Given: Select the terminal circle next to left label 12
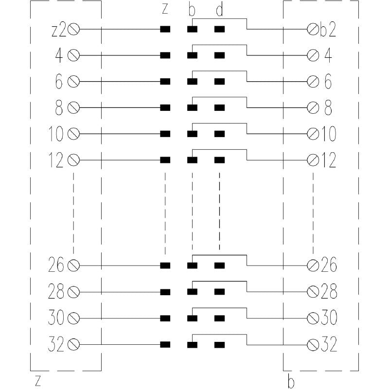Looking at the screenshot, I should [x=74, y=160].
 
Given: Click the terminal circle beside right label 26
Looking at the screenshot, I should [x=313, y=265].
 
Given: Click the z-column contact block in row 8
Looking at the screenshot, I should [x=165, y=107].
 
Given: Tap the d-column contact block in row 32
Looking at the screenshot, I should [x=220, y=345].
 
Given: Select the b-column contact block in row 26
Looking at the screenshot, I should [x=193, y=265].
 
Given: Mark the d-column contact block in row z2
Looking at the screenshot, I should [x=220, y=29].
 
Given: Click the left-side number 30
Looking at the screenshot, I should [x=56, y=318].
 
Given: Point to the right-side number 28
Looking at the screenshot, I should [x=329, y=292].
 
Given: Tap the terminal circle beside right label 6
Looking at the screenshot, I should [x=313, y=81].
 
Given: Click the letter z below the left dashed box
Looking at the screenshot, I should [x=37, y=381].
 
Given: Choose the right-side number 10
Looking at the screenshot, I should [x=329, y=134].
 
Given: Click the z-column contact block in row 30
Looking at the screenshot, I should [x=165, y=318].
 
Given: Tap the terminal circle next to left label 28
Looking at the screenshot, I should [x=74, y=292].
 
